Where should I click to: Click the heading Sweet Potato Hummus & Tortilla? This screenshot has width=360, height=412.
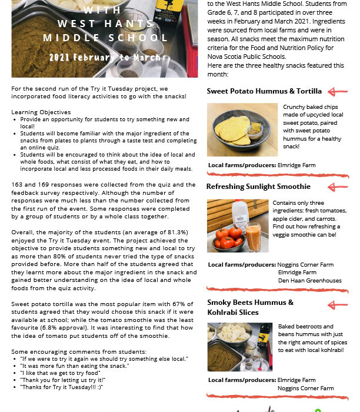click(264, 91)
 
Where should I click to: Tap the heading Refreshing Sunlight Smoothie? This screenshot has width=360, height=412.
click(258, 187)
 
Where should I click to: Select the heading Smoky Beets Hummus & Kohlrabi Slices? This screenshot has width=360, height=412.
click(250, 307)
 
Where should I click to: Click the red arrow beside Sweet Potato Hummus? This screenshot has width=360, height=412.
click(338, 91)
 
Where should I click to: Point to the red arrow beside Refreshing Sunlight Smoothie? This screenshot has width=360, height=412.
click(338, 187)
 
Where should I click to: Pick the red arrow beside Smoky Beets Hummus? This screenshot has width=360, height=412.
click(338, 304)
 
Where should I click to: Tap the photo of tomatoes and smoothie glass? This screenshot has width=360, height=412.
click(238, 225)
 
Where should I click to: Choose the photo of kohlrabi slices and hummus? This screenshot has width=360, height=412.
click(239, 347)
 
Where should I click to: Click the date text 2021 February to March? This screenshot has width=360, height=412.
click(105, 58)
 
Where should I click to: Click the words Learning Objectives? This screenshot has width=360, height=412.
click(41, 112)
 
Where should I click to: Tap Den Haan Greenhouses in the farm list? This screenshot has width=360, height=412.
click(309, 281)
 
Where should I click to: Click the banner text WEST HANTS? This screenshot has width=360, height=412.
click(105, 24)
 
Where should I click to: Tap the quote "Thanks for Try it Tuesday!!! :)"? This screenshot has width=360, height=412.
click(61, 387)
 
